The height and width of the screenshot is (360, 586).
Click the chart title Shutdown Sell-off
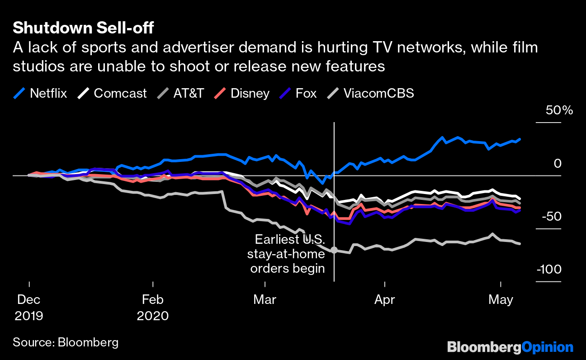tap(83, 28)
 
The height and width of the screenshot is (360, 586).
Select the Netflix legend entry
tap(41, 94)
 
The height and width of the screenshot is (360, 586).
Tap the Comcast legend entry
tap(113, 94)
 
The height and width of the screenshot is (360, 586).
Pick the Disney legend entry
tap(242, 94)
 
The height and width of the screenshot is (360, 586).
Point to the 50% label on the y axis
tap(559, 110)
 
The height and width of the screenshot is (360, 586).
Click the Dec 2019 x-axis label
tap(29, 307)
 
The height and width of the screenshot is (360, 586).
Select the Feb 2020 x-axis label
tap(153, 307)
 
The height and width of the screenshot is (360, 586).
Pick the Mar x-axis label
tap(265, 299)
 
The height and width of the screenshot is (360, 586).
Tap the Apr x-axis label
tap(385, 299)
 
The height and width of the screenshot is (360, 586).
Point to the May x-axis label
tap(501, 299)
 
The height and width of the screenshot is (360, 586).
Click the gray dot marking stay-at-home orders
tap(334, 250)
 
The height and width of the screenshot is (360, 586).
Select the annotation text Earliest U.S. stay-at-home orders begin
tap(287, 254)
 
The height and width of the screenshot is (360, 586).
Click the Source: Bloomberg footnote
tap(66, 342)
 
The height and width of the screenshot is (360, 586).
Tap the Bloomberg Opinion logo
tap(510, 347)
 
